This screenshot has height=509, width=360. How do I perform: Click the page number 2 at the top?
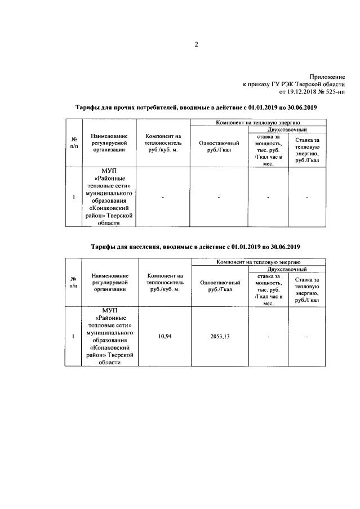pos(197,45)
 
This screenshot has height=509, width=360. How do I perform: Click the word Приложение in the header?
pos(327,75)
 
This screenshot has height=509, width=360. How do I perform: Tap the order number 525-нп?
pos(333,91)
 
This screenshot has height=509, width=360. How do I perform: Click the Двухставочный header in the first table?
pos(287,130)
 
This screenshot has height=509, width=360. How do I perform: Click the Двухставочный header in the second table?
pos(287,270)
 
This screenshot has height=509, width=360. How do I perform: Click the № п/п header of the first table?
pos(74,143)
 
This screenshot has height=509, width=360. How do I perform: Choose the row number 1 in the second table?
pos(74,336)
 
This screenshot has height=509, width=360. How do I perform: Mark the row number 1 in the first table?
pos(74,197)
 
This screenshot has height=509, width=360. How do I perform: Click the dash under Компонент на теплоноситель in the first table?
pos(163,197)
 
